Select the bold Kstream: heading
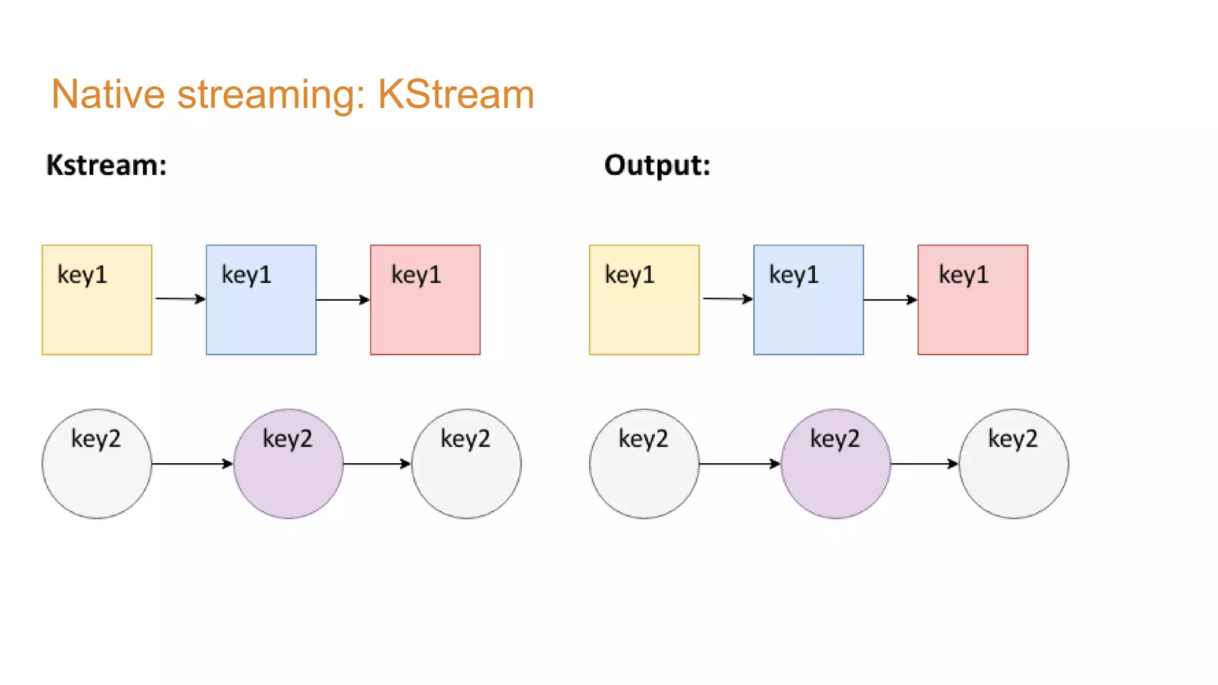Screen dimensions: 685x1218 (x=106, y=165)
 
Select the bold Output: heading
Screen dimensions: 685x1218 (x=657, y=165)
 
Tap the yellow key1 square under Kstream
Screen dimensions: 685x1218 (x=97, y=300)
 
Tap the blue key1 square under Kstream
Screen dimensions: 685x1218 (x=261, y=300)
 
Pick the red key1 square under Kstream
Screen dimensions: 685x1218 (x=425, y=300)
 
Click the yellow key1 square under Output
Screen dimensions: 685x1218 (x=644, y=300)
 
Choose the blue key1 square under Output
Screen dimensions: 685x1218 (x=808, y=300)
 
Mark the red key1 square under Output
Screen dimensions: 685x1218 (x=972, y=300)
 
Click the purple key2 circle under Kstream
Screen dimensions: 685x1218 (x=288, y=463)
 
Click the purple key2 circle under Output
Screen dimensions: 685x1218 (x=836, y=463)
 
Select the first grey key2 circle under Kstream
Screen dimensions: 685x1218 (x=97, y=463)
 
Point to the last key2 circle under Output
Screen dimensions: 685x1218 (x=1013, y=463)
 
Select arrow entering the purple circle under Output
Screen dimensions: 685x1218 (x=739, y=463)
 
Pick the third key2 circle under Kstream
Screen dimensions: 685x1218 (x=466, y=463)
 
